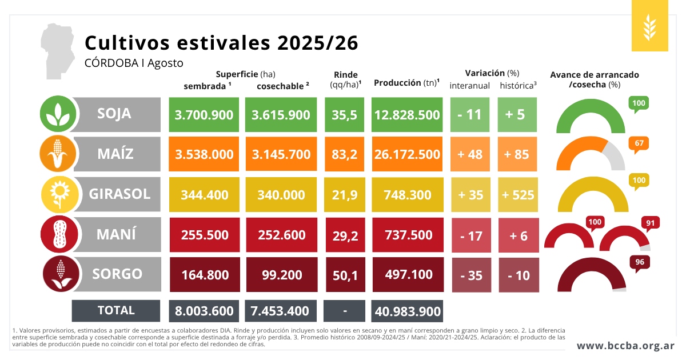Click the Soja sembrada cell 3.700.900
tap(204, 115)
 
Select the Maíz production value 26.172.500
tap(407, 154)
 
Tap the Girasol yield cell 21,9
tap(345, 194)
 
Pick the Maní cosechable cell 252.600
tap(281, 235)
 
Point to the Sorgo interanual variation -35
tap(471, 275)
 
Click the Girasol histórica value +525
tap(518, 194)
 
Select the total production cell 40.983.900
tap(407, 311)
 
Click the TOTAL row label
tap(115, 311)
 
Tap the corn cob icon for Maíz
tap(58, 154)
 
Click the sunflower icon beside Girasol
tap(59, 194)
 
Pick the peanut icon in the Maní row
tap(59, 234)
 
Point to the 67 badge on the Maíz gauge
tap(639, 144)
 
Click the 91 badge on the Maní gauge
tap(651, 223)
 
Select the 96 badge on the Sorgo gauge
tap(640, 263)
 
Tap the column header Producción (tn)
tap(406, 83)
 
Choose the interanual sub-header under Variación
tap(469, 86)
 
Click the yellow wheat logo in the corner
tap(649, 26)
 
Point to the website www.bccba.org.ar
tap(625, 346)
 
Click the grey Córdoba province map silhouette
tap(58, 50)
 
